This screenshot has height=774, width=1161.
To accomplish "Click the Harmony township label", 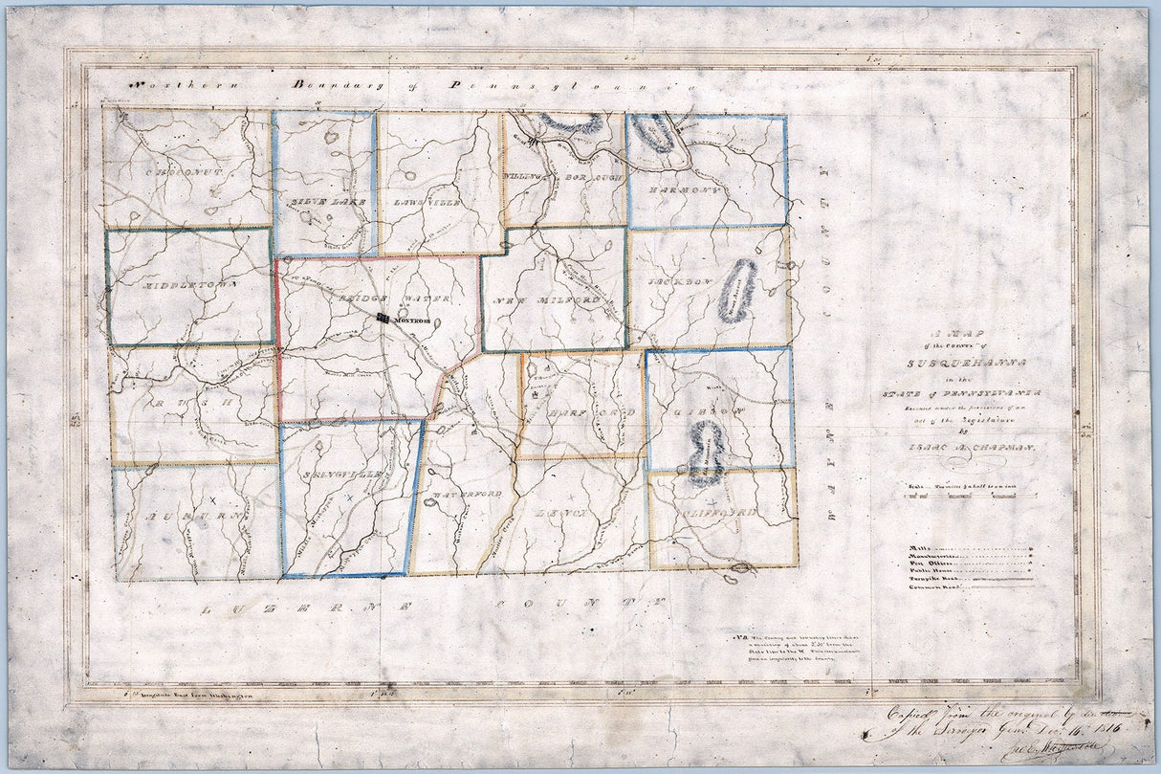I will [683, 190].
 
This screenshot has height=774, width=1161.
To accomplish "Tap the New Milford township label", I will [548, 301].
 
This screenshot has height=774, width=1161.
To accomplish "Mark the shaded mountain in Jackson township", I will [737, 291].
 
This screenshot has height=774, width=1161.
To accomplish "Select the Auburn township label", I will [182, 515].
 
